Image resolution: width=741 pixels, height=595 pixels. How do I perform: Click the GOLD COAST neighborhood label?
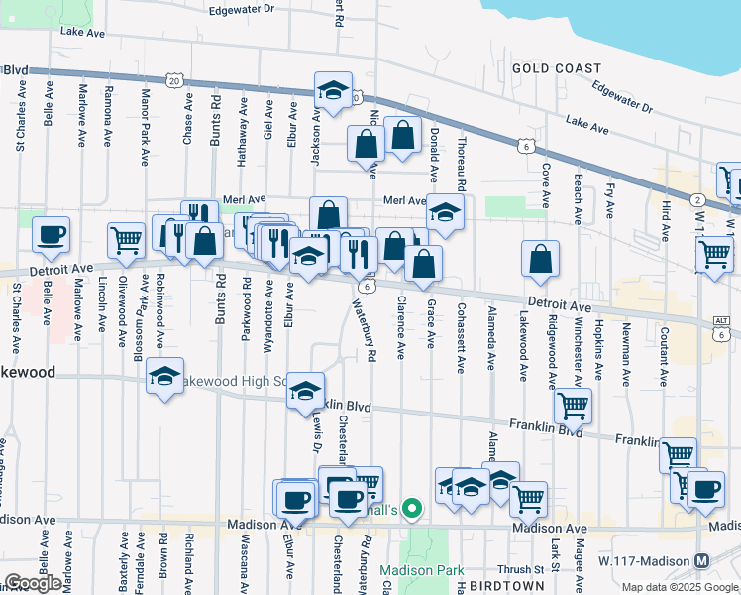557,68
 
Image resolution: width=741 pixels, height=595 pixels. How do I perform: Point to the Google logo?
33,583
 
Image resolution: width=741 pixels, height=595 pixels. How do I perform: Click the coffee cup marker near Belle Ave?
51,235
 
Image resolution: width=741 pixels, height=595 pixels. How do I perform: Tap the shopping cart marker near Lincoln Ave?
126,240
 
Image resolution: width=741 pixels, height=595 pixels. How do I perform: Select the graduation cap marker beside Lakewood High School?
165,377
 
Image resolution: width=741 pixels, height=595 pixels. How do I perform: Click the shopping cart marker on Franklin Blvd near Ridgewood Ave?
573,404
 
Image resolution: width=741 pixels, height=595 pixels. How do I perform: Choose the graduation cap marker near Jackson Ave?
334,90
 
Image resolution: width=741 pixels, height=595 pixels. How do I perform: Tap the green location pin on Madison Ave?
413,511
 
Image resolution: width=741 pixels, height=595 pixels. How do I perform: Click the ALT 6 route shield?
721,328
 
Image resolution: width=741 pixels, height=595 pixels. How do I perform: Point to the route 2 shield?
697,200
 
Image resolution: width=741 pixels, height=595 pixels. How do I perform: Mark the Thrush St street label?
515,570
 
